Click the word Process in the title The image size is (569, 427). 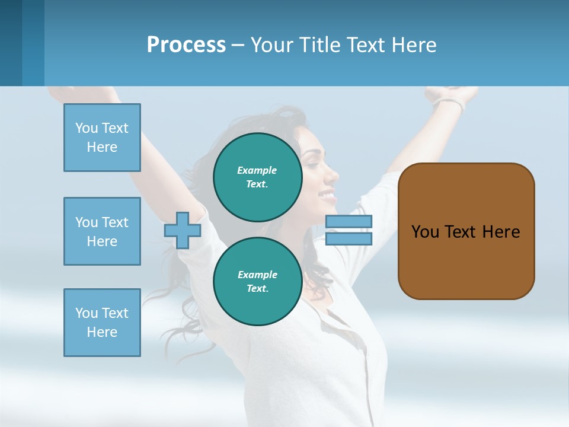pyautogui.click(x=186, y=45)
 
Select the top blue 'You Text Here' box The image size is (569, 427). pyautogui.click(x=102, y=138)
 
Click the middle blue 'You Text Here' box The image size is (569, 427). pyautogui.click(x=102, y=231)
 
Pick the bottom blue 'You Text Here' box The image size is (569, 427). pyautogui.click(x=102, y=323)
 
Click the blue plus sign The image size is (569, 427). pyautogui.click(x=183, y=230)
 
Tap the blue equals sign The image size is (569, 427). pyautogui.click(x=349, y=230)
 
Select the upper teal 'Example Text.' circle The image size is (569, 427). pyautogui.click(x=257, y=177)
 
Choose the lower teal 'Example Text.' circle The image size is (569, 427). pyautogui.click(x=257, y=281)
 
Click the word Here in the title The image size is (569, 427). pyautogui.click(x=413, y=45)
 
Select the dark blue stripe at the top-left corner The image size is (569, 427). pyautogui.click(x=11, y=43)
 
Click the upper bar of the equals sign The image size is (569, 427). pyautogui.click(x=349, y=222)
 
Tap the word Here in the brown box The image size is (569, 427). pyautogui.click(x=501, y=232)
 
